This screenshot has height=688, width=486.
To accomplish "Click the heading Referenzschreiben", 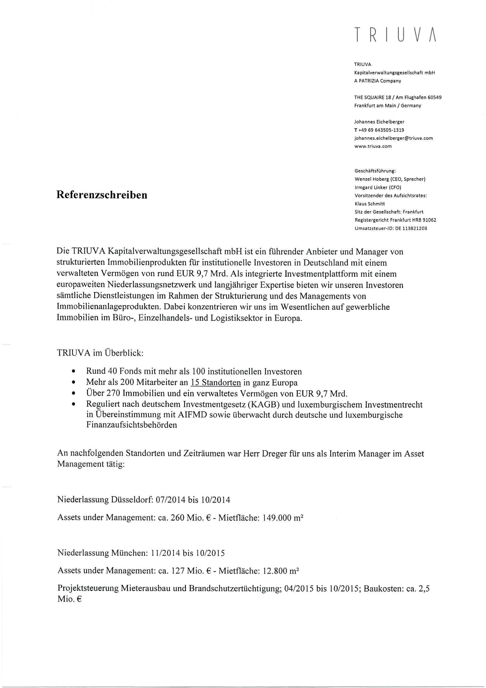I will point(102,195).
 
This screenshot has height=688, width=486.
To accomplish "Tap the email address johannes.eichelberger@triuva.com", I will point(393,138).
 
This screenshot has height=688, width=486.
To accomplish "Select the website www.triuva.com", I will point(373,146).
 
